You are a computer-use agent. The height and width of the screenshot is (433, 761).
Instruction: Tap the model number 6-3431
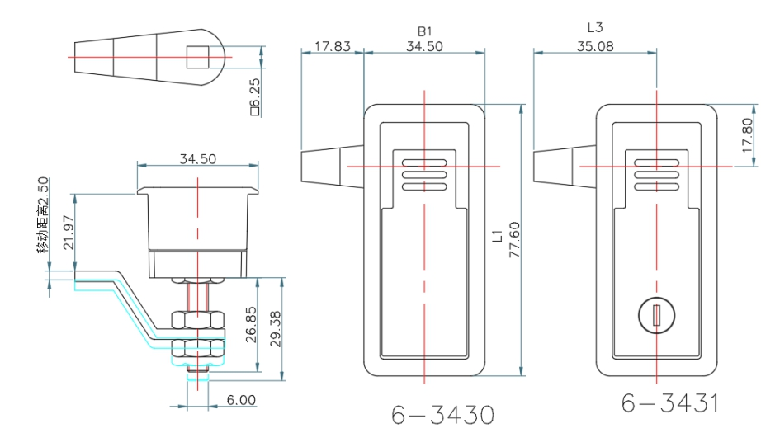pos(670,403)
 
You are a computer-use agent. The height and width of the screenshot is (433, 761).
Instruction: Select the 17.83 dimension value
pos(332,47)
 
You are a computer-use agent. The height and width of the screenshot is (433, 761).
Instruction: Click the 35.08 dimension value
pos(595,47)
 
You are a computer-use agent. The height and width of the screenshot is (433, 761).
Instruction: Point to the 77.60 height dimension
pos(513,239)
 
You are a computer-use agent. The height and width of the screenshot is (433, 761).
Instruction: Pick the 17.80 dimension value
pos(747,135)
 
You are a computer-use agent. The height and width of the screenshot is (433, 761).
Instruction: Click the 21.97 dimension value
pos(69,233)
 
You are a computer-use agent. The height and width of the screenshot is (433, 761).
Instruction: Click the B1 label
pos(425,31)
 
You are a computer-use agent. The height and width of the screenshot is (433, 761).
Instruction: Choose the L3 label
pos(595,28)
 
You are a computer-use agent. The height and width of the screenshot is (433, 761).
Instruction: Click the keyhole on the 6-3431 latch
pos(658,315)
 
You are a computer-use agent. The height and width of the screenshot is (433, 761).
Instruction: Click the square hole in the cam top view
pos(197,57)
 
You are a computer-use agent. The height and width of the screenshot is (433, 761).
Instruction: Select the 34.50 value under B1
pos(424,47)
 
